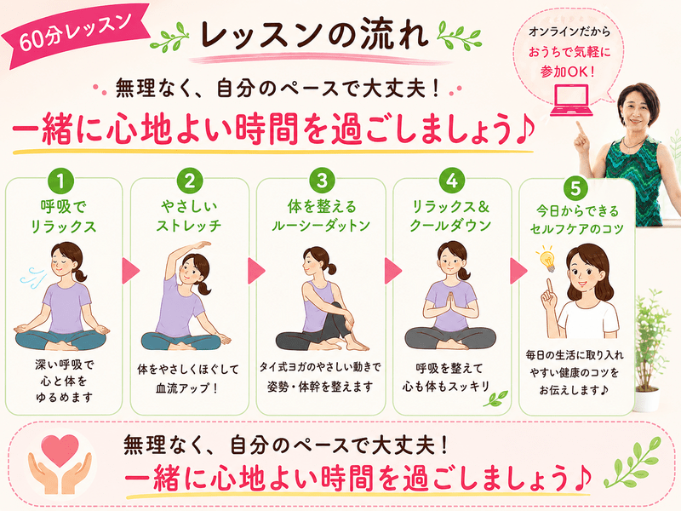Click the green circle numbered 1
pyautogui.click(x=60, y=181)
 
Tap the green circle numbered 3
pyautogui.click(x=322, y=180)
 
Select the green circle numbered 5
pyautogui.click(x=575, y=188)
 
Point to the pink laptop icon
pyautogui.click(x=571, y=100)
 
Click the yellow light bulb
pyautogui.click(x=547, y=258)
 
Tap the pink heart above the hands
pyautogui.click(x=60, y=451)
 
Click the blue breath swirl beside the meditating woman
pyautogui.click(x=33, y=277)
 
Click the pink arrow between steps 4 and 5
pyautogui.click(x=518, y=271)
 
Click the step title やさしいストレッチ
pyautogui.click(x=189, y=215)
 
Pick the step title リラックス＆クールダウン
pyautogui.click(x=450, y=215)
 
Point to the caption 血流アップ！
pyautogui.click(x=186, y=388)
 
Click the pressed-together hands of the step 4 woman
pyautogui.click(x=450, y=304)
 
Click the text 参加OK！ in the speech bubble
pyautogui.click(x=568, y=72)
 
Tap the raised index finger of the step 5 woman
pyautogui.click(x=550, y=288)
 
